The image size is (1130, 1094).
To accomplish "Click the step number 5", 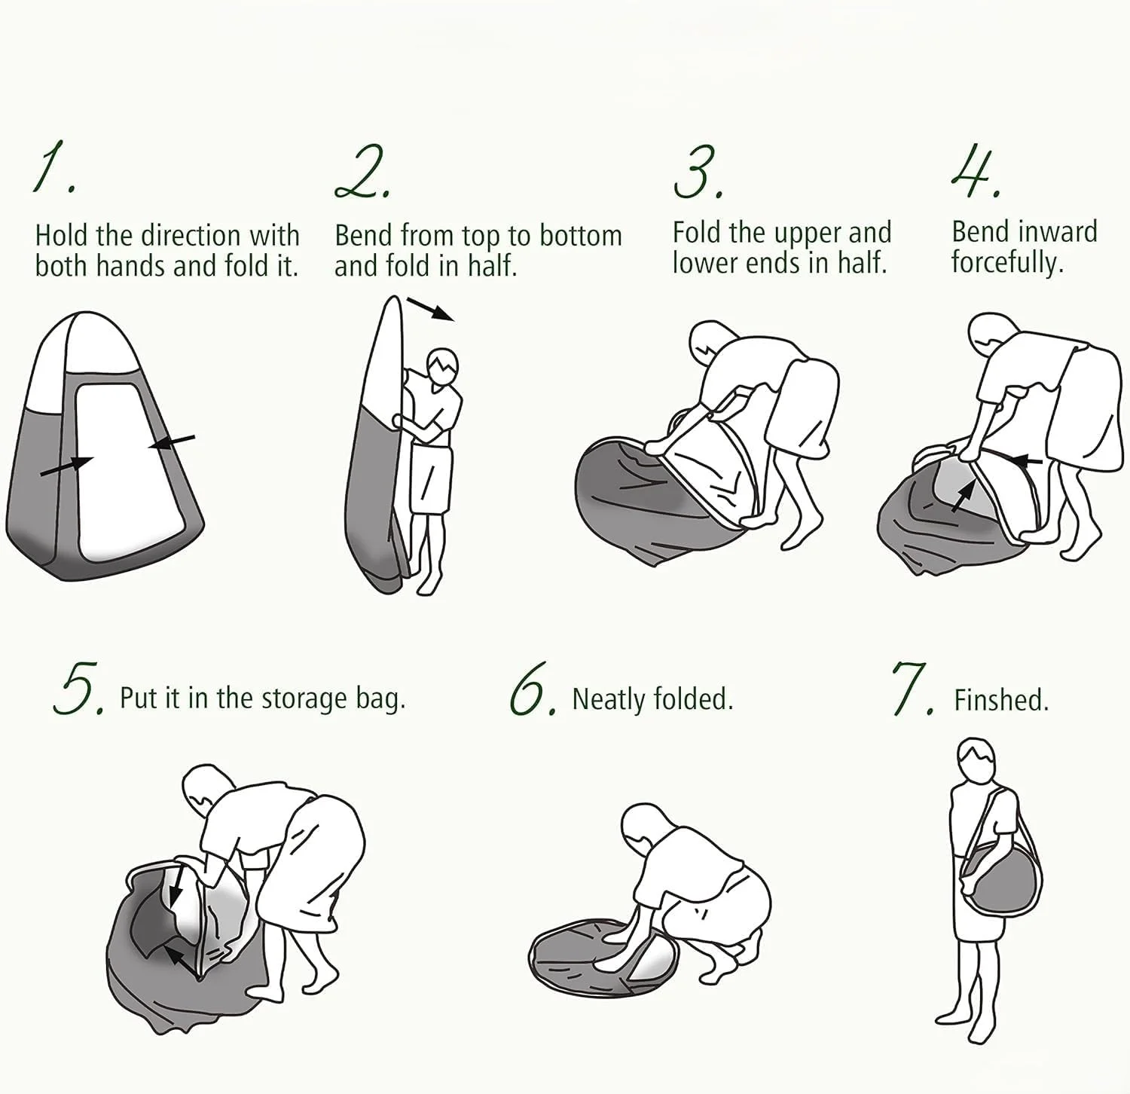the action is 78,687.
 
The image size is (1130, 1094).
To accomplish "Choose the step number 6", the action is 533,688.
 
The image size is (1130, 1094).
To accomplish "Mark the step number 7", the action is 912,688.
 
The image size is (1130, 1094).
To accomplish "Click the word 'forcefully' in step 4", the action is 1006,264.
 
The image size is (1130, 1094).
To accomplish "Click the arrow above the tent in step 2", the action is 430,308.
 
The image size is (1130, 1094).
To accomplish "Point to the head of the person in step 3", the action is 712,344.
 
